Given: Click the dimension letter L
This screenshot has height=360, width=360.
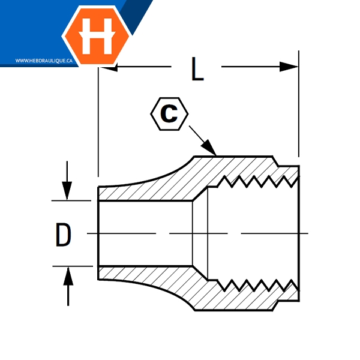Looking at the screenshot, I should pyautogui.click(x=198, y=68).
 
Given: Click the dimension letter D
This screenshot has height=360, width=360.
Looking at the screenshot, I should pyautogui.click(x=63, y=234).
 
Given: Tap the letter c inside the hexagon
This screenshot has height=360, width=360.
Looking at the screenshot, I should pyautogui.click(x=170, y=114).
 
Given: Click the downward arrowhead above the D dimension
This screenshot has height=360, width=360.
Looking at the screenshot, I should pyautogui.click(x=68, y=191).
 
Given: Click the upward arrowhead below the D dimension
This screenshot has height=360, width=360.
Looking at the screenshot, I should pyautogui.click(x=68, y=276).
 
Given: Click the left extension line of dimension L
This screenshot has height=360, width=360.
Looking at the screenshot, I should pyautogui.click(x=97, y=120).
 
